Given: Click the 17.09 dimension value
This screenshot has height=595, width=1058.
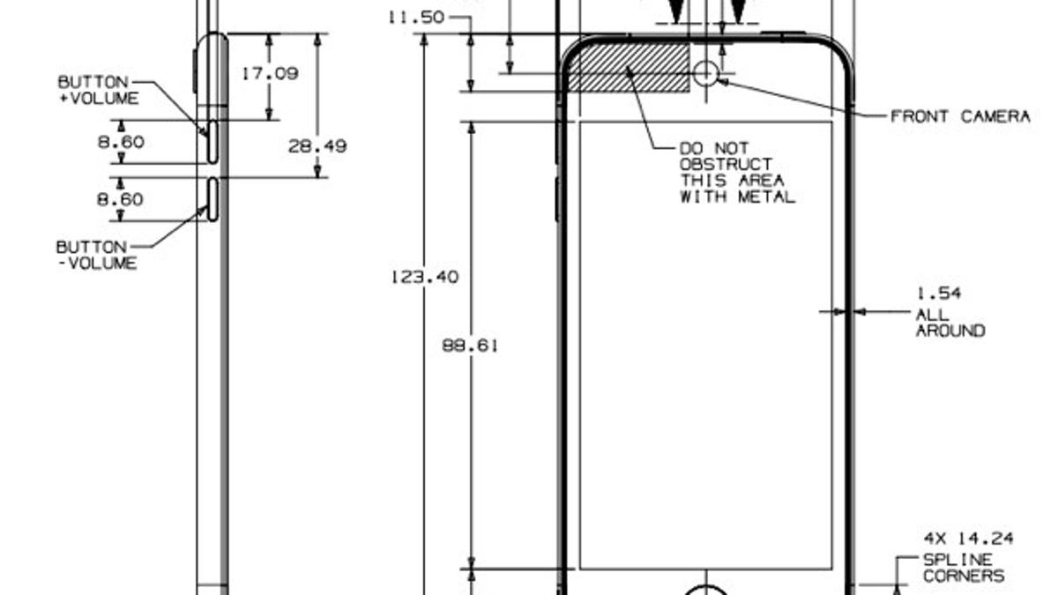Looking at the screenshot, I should click(270, 74).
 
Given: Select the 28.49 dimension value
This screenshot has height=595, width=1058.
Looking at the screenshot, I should click(317, 146).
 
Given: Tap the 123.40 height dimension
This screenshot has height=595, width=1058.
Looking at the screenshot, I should click(424, 277).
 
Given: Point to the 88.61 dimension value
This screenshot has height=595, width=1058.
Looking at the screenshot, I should click(470, 346).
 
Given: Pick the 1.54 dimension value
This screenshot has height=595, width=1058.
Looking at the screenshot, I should click(938, 294).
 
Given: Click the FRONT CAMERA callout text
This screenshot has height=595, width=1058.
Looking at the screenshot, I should click(960, 116).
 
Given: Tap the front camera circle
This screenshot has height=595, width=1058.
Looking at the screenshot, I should click(706, 72).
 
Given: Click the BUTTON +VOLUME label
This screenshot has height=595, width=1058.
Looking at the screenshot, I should click(97, 90).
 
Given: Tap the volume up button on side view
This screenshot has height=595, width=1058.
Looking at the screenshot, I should click(212, 141).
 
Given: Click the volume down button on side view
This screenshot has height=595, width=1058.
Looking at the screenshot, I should click(212, 198).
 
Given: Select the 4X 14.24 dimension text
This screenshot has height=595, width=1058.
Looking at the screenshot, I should click(968, 539).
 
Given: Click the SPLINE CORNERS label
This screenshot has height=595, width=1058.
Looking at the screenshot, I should click(963, 568).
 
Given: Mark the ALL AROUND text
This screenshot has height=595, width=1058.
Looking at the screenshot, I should click(950, 323).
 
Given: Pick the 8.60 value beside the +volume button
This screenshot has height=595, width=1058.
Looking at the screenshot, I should click(120, 141).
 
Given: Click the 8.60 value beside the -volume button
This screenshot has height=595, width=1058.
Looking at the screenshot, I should click(120, 199).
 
